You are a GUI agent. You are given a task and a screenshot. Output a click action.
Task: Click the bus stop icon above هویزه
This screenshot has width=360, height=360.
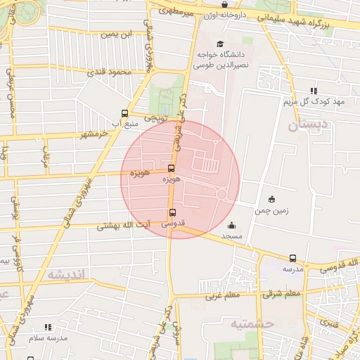pos(172,168)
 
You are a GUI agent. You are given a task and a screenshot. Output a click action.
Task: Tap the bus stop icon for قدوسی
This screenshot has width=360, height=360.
pos(173,212)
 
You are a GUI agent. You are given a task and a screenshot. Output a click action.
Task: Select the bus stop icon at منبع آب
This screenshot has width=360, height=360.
pos(125,113)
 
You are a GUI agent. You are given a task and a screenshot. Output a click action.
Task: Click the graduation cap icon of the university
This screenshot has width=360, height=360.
pos(210,44)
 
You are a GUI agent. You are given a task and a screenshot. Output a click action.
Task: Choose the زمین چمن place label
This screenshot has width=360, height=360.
pos(272,210)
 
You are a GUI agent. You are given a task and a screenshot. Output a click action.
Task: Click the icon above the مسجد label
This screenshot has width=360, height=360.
pos(232,226)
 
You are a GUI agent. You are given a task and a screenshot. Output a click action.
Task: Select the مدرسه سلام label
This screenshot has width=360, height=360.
pos(48,337)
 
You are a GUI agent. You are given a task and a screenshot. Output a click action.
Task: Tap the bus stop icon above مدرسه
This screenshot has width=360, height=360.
pos(292,258)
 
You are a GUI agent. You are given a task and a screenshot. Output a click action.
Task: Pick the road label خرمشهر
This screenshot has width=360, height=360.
pos(95,133)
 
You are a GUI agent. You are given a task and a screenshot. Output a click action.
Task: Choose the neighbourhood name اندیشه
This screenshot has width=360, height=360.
pos(69,274)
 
